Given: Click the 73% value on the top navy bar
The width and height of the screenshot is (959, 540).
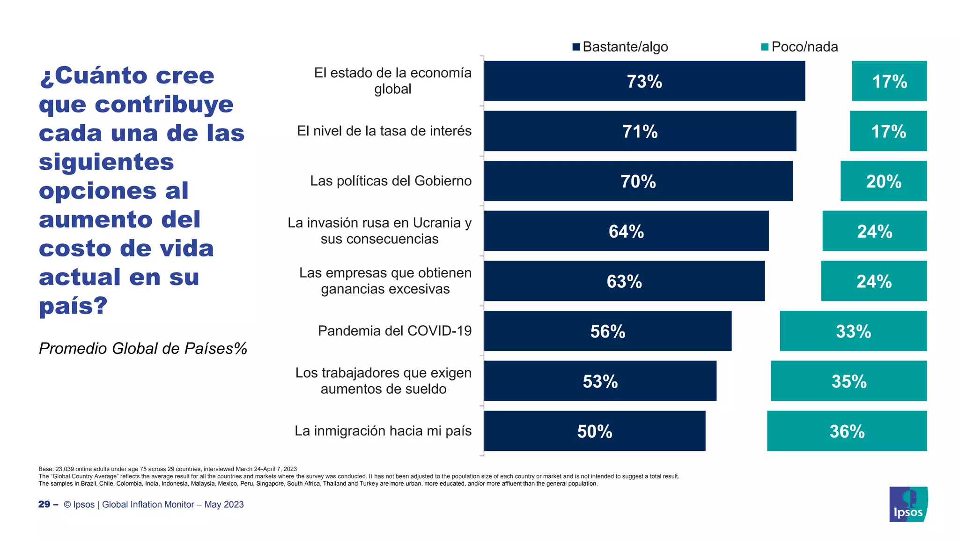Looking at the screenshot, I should click(x=644, y=82).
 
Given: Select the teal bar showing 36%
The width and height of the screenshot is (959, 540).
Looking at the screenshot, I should click(x=847, y=431).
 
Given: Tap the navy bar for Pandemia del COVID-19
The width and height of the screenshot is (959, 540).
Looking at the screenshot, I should click(x=607, y=331).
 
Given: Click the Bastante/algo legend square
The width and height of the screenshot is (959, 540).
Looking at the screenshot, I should click(x=576, y=47).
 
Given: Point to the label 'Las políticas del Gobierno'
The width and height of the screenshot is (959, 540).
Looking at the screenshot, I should click(x=391, y=181).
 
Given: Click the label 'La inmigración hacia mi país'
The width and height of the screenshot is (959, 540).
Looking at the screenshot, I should click(x=383, y=431).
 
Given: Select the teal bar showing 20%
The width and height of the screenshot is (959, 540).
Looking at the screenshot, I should click(x=883, y=181).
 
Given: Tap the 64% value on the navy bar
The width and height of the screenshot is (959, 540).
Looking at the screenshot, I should click(x=626, y=231).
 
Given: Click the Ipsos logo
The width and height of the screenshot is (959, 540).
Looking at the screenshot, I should click(x=908, y=504).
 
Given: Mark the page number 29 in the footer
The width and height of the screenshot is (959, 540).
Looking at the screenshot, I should click(x=44, y=504).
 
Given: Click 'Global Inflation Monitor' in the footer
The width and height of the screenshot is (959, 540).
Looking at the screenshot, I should click(x=148, y=504).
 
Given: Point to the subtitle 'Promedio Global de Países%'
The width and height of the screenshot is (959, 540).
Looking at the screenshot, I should click(x=143, y=348).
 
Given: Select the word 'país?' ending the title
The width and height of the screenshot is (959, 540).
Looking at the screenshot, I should click(x=74, y=306).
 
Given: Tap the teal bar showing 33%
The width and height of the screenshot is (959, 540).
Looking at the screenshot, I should click(x=853, y=331).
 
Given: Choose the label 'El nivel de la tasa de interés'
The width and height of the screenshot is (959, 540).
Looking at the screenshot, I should click(x=384, y=131).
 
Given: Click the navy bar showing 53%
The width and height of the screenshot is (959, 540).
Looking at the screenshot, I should click(x=600, y=381).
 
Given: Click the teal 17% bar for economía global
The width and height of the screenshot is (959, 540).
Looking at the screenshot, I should click(x=889, y=81).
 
